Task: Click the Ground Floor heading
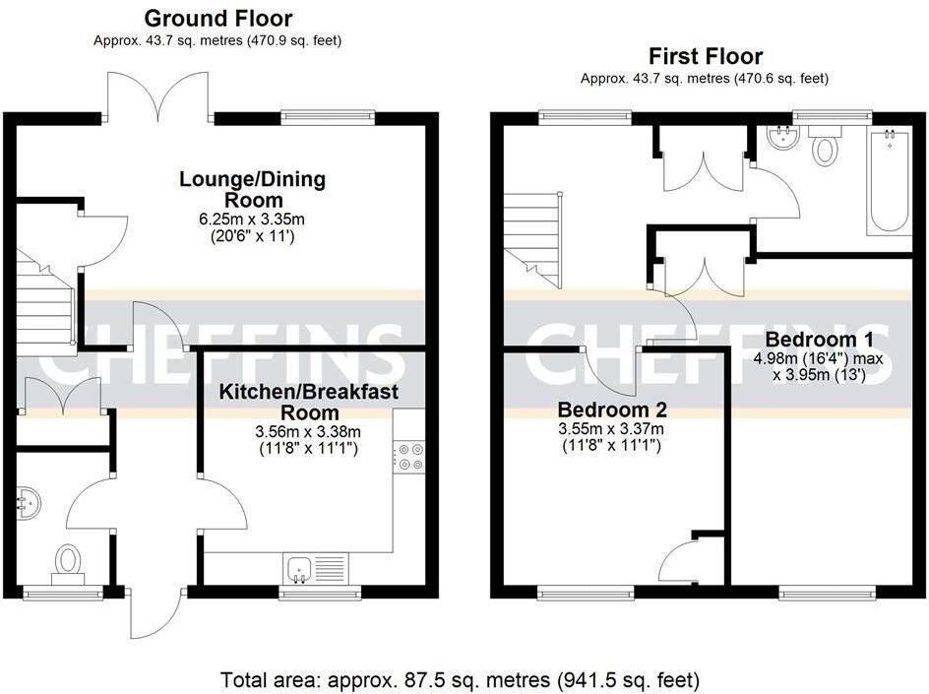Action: click(x=217, y=18)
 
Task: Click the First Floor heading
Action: click(x=705, y=56)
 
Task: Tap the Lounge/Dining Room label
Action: click(x=252, y=190)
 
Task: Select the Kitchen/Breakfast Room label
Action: click(x=308, y=402)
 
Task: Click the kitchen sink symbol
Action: click(x=315, y=568)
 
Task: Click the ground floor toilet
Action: click(x=67, y=563)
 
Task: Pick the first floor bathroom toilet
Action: click(x=824, y=148)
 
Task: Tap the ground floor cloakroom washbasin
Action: click(x=28, y=504)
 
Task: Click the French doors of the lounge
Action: click(x=158, y=98)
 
